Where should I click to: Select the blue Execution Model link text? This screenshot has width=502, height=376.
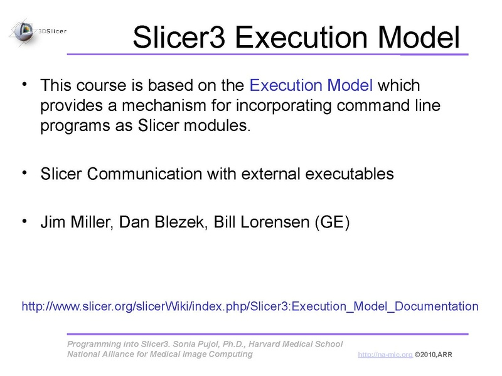311,85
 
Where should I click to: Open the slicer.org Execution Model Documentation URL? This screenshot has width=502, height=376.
250,306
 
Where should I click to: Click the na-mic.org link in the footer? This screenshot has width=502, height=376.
385,355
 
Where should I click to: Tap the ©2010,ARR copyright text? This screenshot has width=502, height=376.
433,355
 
